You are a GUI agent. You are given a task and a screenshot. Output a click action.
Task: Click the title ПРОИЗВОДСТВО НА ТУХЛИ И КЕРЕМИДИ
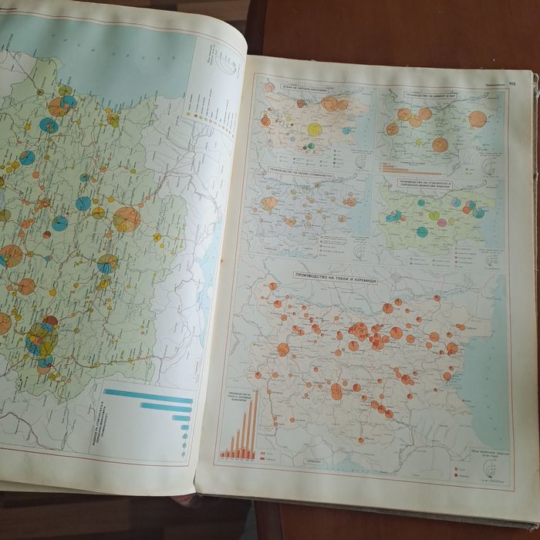pos(334,275)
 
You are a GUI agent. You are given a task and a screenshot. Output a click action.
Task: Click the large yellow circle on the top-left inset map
pos(314,129)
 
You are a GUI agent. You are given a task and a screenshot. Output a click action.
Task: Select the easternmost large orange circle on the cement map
pos(478,118)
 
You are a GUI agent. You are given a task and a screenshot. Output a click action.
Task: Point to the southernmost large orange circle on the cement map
pos(440,143)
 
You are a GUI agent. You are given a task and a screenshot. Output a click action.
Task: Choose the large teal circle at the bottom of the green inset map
pos(422,231)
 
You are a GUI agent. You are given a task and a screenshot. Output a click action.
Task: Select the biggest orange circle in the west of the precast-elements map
pos(269,204)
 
